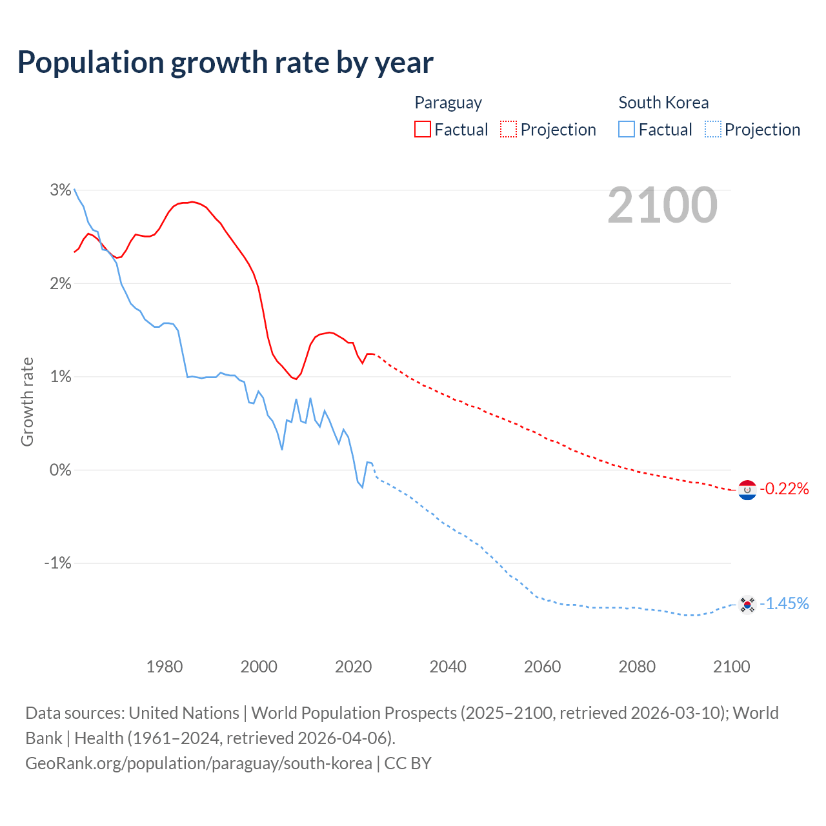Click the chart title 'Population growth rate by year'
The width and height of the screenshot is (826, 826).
(225, 63)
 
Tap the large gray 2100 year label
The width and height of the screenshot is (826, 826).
(662, 205)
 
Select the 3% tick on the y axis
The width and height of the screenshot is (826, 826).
(60, 190)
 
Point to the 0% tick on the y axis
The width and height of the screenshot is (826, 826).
(60, 470)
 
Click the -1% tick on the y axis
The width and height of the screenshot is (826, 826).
(57, 563)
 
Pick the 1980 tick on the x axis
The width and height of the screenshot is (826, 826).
(165, 667)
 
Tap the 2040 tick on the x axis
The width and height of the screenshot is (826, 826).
(448, 667)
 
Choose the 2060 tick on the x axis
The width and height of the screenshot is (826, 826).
(542, 667)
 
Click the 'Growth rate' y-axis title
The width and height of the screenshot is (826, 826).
(27, 401)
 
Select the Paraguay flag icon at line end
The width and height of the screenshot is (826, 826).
(747, 490)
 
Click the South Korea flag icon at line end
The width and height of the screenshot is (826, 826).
(747, 605)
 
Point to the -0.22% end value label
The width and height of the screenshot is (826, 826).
(784, 489)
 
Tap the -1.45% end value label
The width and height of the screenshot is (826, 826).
(784, 603)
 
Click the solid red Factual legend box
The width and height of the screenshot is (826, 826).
(422, 130)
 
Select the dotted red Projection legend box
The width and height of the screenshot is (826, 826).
(509, 130)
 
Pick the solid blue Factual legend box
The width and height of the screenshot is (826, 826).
(626, 130)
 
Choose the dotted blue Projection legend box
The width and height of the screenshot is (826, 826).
(712, 130)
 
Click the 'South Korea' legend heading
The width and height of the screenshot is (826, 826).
(663, 103)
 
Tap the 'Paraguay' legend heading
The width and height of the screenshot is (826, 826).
(448, 103)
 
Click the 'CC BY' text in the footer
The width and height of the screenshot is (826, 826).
(408, 763)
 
